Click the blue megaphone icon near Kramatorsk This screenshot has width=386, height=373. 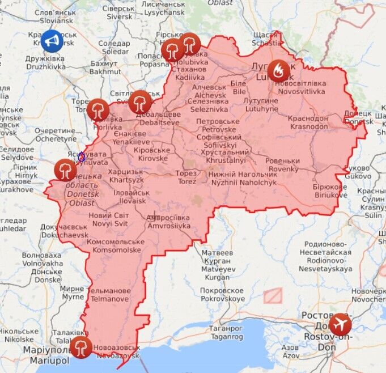(52, 41)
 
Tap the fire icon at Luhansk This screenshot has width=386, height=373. (278, 70)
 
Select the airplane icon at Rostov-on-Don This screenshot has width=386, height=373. (340, 324)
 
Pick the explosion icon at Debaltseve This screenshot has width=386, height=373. (139, 102)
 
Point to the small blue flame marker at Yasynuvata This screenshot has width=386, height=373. (82, 156)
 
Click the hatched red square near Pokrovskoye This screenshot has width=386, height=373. (273, 295)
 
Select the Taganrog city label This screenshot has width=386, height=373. (227, 332)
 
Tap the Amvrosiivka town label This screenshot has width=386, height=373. (168, 222)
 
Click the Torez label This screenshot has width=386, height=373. (186, 177)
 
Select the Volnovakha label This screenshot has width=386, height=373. (42, 259)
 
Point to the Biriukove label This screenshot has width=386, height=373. (329, 191)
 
